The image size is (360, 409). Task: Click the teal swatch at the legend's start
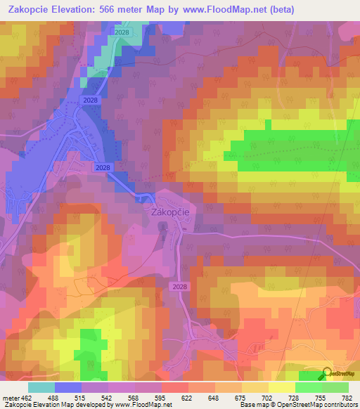click(41, 387)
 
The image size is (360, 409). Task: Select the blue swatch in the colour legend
click(68, 387)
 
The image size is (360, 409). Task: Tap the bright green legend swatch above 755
click(309, 387)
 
